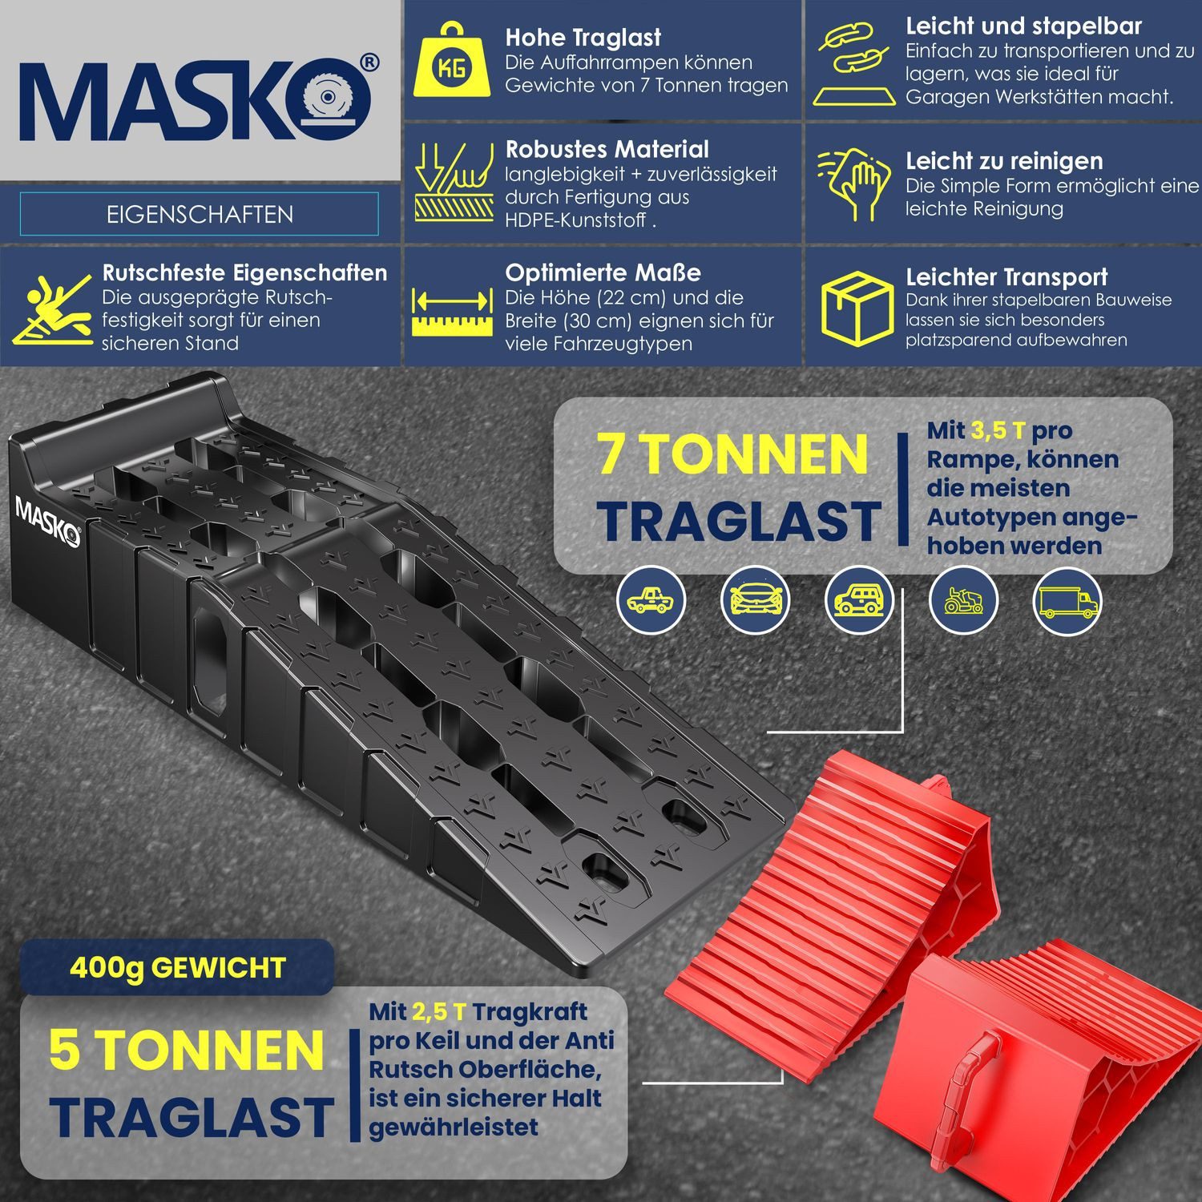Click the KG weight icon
pos(451,62)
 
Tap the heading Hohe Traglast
pos(583,38)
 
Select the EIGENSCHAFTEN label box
pos(199,214)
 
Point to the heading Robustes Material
pos(607,149)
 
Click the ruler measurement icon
pos(451,312)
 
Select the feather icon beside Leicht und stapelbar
pos(854,64)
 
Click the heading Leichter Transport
pos(1006,277)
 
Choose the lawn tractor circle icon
pos(962,601)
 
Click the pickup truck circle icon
pos(651,601)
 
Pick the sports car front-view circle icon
pos(755,601)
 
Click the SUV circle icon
pos(859,601)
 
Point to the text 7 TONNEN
pos(732,454)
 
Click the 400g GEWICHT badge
pos(177,967)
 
